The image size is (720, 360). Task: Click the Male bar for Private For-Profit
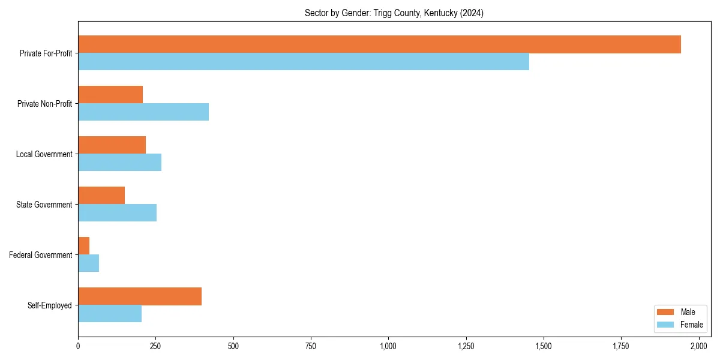[x=379, y=44]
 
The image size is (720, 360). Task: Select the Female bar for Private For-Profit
[x=304, y=62]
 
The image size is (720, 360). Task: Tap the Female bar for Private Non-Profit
[x=143, y=112]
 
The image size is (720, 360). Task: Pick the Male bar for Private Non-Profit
[x=110, y=95]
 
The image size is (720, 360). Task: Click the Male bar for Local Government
[x=112, y=145]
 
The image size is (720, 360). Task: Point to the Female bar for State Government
[x=117, y=213]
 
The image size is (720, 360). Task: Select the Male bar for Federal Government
[x=84, y=246]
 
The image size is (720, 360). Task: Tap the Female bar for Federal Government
[x=89, y=263]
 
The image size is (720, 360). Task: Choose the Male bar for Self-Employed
[x=140, y=296]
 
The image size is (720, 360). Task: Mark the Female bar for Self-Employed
[x=110, y=314]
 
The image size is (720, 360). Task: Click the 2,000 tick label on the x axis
[x=698, y=346]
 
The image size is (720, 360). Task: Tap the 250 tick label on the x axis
[x=155, y=346]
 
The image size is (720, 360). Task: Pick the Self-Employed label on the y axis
[x=50, y=305]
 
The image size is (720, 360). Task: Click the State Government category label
[x=44, y=205]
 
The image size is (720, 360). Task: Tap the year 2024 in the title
[x=471, y=13]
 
